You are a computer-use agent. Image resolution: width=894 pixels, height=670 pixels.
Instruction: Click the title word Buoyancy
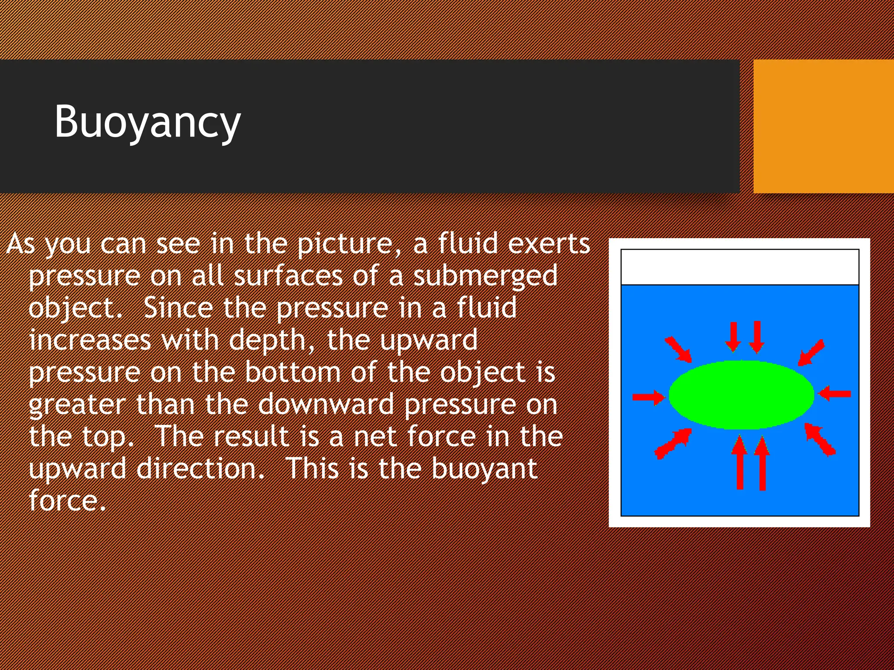click(x=148, y=122)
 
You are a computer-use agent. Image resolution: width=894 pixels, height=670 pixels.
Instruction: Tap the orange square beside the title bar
click(x=823, y=126)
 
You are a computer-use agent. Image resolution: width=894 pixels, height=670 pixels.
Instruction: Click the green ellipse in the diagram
click(x=741, y=395)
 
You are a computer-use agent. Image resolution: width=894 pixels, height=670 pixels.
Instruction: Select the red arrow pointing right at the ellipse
click(x=649, y=397)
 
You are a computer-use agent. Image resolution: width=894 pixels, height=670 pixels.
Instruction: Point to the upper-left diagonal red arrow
click(x=678, y=349)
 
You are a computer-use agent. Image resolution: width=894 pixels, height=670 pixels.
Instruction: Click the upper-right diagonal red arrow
click(x=811, y=352)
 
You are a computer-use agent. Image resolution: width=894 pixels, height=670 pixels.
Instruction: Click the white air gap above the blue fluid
click(x=740, y=267)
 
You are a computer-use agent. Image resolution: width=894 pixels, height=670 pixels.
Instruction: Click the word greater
click(x=77, y=405)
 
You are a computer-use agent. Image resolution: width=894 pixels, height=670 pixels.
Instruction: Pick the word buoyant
click(x=484, y=469)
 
